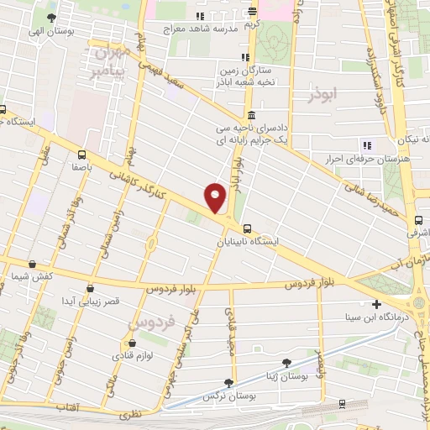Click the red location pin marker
pos(217,198)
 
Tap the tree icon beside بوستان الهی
pos(52,18)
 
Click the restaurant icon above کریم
pos(252,12)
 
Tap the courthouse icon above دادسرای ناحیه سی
pos(249,117)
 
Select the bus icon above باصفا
pos(81,155)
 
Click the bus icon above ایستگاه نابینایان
pos(248,228)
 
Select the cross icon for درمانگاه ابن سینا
pos(376,304)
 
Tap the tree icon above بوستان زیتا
pos(287,363)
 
